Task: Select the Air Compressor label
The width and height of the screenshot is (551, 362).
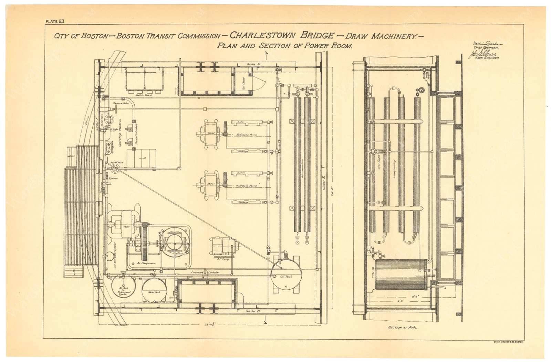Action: pos(146,263)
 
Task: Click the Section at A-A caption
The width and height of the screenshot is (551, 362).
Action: pos(403,327)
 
